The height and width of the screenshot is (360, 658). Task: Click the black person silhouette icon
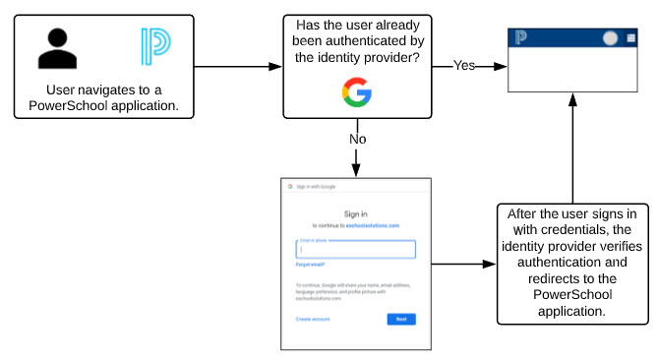tap(57, 48)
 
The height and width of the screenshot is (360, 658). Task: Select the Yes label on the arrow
tap(465, 66)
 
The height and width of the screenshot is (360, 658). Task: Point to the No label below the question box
tap(359, 139)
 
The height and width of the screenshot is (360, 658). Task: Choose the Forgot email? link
tap(310, 265)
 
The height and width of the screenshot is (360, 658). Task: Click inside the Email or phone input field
tap(354, 249)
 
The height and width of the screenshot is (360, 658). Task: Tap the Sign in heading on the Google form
tap(355, 212)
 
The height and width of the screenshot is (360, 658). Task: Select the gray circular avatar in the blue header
tap(610, 38)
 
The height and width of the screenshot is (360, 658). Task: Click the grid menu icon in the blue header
tap(630, 38)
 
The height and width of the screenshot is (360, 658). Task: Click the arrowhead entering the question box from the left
tap(276, 67)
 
